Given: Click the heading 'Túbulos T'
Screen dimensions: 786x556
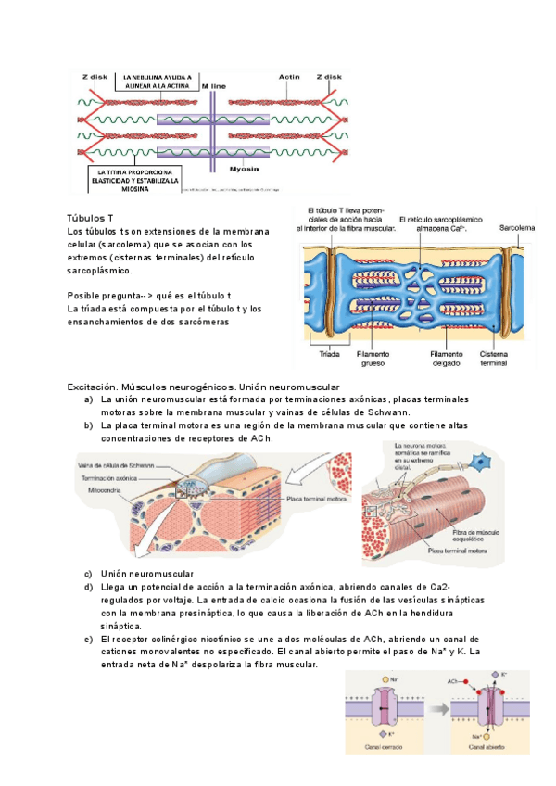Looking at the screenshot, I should pyautogui.click(x=90, y=216).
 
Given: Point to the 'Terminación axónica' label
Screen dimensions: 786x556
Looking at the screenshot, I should pyautogui.click(x=110, y=475).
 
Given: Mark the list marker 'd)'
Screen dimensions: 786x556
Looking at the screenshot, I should pyautogui.click(x=87, y=587).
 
